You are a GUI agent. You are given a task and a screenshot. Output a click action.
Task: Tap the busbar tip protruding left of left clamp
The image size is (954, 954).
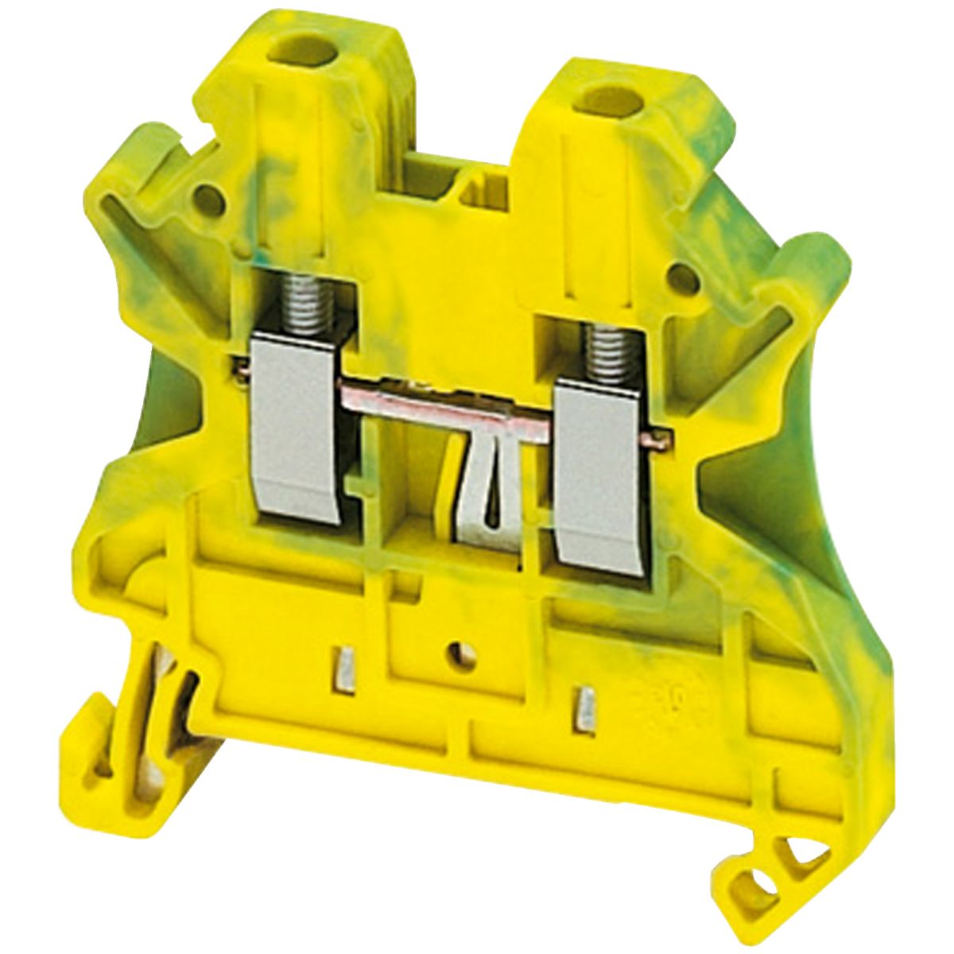tap(239, 367)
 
